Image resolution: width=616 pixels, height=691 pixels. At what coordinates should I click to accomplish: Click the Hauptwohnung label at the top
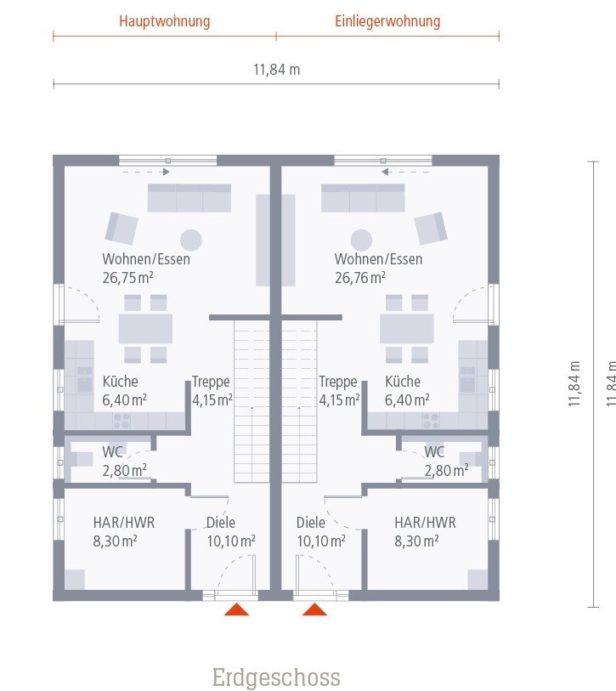165,20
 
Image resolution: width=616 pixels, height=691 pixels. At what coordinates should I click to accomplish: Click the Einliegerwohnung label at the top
387,20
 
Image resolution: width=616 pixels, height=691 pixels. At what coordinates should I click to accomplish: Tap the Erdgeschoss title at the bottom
276,677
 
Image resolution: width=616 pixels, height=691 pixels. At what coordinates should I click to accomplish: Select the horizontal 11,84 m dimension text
276,70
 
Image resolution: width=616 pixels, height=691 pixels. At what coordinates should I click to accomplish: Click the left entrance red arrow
236,609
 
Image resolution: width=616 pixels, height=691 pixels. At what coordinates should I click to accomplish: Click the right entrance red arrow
315,609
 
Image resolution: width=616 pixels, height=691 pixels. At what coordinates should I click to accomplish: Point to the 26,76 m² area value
360,276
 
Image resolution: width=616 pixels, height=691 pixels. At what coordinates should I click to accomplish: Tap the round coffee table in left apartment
191,240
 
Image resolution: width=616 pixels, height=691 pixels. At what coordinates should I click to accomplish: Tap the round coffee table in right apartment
362,240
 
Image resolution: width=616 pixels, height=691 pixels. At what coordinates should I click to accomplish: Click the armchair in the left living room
122,228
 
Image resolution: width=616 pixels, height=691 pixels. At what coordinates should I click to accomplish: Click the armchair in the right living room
431,228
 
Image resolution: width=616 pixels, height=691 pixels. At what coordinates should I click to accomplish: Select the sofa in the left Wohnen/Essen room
189,198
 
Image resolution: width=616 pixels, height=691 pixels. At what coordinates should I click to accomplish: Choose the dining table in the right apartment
407,328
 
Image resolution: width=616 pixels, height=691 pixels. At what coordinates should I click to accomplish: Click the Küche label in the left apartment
121,382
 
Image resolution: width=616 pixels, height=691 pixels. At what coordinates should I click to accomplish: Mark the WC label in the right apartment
434,451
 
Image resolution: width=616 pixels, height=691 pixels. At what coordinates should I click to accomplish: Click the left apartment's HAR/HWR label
124,523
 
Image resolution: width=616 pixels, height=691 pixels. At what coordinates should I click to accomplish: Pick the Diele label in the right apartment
311,523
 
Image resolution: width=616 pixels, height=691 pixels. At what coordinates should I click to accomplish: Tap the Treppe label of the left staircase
211,382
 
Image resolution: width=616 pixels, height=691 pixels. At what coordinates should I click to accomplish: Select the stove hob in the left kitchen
122,419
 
